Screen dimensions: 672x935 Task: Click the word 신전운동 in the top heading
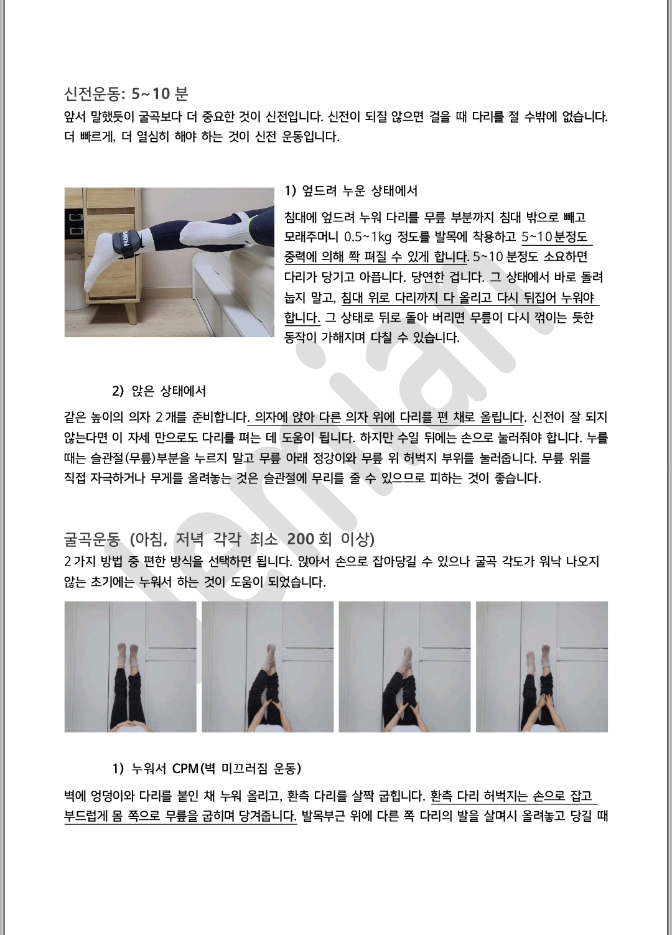point(92,94)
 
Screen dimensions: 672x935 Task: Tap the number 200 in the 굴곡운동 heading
point(301,539)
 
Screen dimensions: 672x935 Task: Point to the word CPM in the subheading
point(185,768)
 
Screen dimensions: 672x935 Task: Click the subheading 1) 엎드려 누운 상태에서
point(351,191)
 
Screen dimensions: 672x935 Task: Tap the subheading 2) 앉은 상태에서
point(159,391)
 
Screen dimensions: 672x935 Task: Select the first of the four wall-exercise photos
point(130,667)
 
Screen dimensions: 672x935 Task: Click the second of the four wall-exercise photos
point(268,667)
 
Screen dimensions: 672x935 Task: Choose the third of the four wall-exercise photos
point(404,667)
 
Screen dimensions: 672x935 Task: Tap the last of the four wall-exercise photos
point(542,667)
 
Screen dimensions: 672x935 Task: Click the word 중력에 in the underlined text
point(301,256)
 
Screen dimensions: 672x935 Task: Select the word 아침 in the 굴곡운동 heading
point(149,539)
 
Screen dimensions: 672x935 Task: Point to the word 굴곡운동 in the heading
point(92,539)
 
